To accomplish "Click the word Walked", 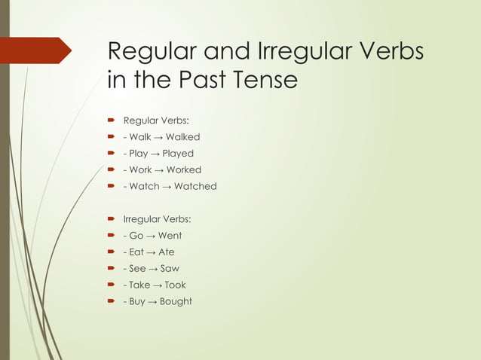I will tap(182, 137).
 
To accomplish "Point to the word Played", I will tap(178, 154).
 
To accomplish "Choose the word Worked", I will tap(184, 170).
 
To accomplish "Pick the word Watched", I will tap(195, 186).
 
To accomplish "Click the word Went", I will tap(170, 236).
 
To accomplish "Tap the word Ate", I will tap(166, 252).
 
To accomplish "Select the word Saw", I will tap(169, 269).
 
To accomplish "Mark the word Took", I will tap(175, 285).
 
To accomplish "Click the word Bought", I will tap(175, 302).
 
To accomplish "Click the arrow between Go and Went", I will tap(150, 236).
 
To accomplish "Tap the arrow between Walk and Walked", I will tap(158, 138).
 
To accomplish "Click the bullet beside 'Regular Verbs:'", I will tap(111, 121).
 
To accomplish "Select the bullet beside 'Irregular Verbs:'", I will tap(111, 220).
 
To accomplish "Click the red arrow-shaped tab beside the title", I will tap(38, 50).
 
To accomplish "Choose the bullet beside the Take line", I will tap(111, 285).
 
